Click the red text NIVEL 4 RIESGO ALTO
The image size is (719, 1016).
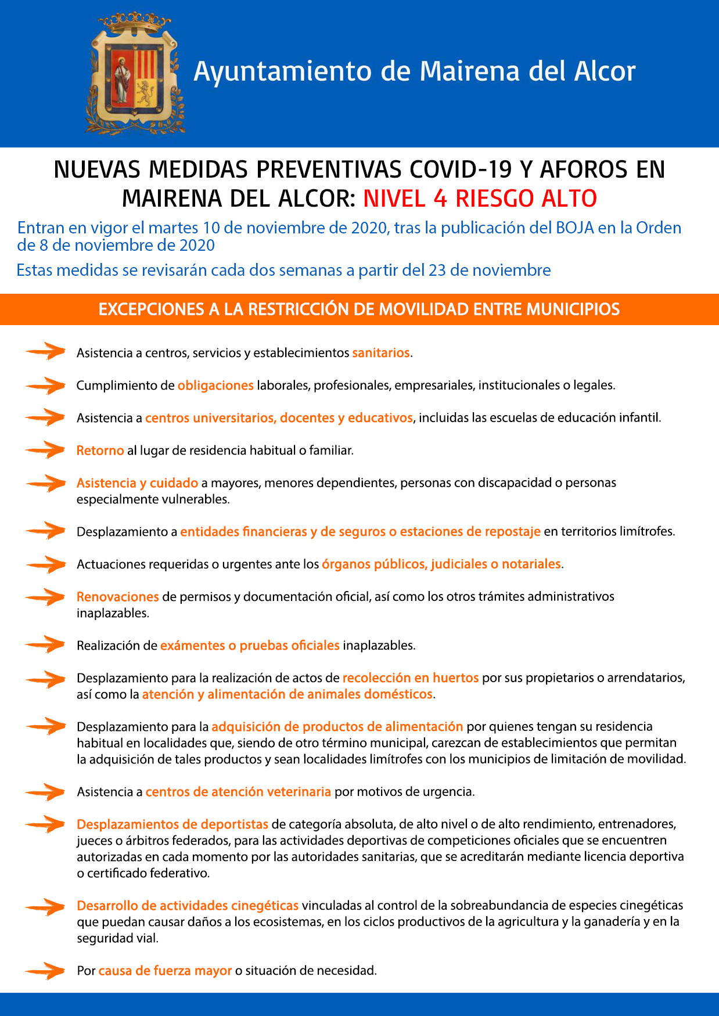pyautogui.click(x=480, y=199)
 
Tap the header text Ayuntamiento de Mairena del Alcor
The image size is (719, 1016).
pyautogui.click(x=414, y=71)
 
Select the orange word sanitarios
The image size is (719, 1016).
pyautogui.click(x=381, y=353)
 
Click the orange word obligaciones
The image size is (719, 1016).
pyautogui.click(x=215, y=385)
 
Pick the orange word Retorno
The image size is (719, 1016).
pyautogui.click(x=100, y=451)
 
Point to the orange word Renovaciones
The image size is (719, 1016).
pyautogui.click(x=117, y=597)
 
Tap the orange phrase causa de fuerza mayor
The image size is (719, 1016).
pyautogui.click(x=165, y=971)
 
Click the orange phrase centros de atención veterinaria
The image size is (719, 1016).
pyautogui.click(x=238, y=792)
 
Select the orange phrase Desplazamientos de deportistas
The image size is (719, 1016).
pyautogui.click(x=172, y=824)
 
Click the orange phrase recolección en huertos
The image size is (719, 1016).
pyautogui.click(x=411, y=678)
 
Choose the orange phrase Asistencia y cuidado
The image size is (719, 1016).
pyautogui.click(x=137, y=483)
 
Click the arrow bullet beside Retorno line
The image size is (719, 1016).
pyautogui.click(x=45, y=450)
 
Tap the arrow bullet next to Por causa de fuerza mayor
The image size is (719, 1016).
pyautogui.click(x=45, y=970)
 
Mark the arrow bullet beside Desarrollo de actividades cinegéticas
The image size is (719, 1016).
pyautogui.click(x=45, y=906)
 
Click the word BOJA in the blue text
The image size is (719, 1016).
pyautogui.click(x=575, y=228)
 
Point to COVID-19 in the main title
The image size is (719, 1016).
pyautogui.click(x=461, y=170)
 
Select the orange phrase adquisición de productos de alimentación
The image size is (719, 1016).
pyautogui.click(x=337, y=727)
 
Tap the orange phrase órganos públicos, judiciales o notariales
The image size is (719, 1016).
pyautogui.click(x=441, y=564)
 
